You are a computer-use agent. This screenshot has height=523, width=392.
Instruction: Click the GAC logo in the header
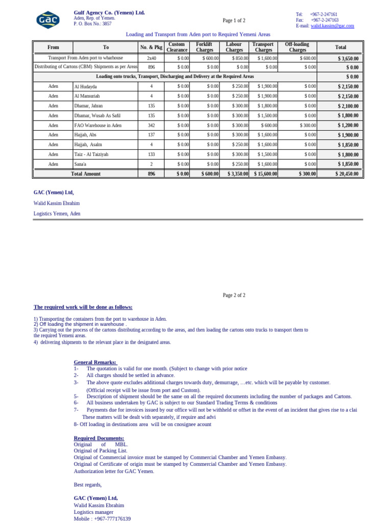click(x=47, y=20)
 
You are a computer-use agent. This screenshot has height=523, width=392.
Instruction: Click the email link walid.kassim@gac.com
click(x=332, y=26)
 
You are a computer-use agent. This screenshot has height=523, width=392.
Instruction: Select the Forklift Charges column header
click(x=205, y=47)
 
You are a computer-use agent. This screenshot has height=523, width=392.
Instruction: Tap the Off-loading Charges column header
click(x=298, y=47)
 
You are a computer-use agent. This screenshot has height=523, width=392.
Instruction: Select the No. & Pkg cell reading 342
click(x=151, y=125)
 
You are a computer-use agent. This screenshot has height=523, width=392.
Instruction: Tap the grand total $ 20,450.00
click(x=347, y=174)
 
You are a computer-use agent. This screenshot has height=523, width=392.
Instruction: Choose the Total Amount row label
click(x=85, y=174)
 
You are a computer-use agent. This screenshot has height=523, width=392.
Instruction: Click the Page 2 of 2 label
click(x=234, y=295)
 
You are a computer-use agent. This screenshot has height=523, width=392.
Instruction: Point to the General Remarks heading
click(x=95, y=362)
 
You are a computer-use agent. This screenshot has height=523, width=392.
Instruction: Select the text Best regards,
click(x=87, y=485)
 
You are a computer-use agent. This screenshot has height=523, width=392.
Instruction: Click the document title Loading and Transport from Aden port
click(x=198, y=34)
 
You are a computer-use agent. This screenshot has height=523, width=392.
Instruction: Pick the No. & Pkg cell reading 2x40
click(x=151, y=59)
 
